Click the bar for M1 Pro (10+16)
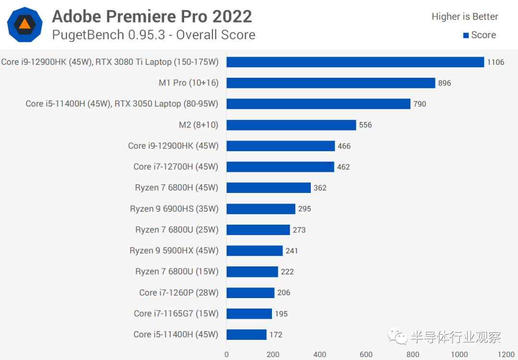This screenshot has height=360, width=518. pos(330,83)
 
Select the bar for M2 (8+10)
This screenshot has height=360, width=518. pos(291,125)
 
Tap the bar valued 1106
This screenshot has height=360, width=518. pos(355,62)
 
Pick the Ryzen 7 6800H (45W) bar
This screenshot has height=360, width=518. pos(269,188)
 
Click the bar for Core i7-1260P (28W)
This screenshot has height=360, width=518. pos(250,292)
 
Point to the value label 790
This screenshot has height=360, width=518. pos(420,104)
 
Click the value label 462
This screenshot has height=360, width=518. pos(343,167)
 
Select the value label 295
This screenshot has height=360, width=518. pos(305,209)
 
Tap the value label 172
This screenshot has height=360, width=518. pos(276,335)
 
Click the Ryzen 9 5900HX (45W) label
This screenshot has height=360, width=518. pos(174,251)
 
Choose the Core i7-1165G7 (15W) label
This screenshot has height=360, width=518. pos(176,313)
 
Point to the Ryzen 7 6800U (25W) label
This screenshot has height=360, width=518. pos(177,230)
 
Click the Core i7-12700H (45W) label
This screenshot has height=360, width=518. pos(176,167)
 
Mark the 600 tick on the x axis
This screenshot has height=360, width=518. pos(366,355)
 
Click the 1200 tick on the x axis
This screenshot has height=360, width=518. pos(506,355)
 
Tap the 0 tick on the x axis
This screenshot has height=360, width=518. pos(226,355)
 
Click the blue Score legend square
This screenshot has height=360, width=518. pos(465,35)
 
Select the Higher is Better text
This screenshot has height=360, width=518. pos(465,17)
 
